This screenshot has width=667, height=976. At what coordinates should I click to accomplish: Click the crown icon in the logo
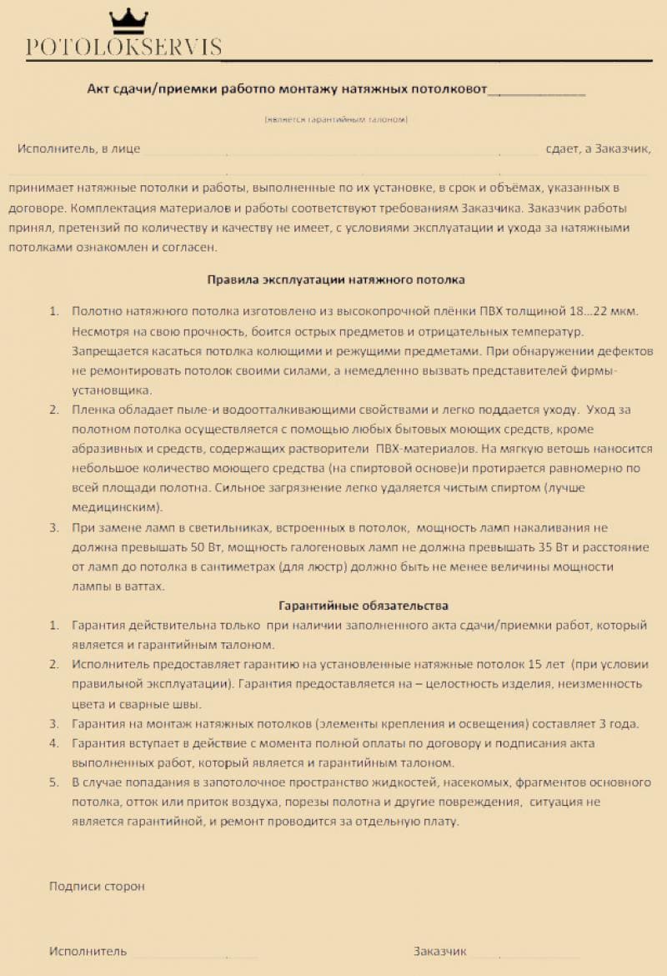tap(128, 20)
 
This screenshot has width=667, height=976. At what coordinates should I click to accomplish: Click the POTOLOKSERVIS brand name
tap(123, 48)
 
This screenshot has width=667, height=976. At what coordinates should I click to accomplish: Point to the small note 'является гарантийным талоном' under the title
tap(336, 120)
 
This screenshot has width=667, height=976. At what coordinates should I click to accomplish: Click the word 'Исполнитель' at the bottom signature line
tap(88, 951)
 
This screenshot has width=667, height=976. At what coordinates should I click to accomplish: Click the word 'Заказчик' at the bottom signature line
tap(439, 951)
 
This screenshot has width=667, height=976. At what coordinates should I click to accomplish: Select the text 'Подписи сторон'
tap(97, 886)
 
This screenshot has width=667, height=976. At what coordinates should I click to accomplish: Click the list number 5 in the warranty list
tap(53, 782)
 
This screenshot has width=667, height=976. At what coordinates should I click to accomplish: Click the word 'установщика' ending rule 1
tap(112, 390)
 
